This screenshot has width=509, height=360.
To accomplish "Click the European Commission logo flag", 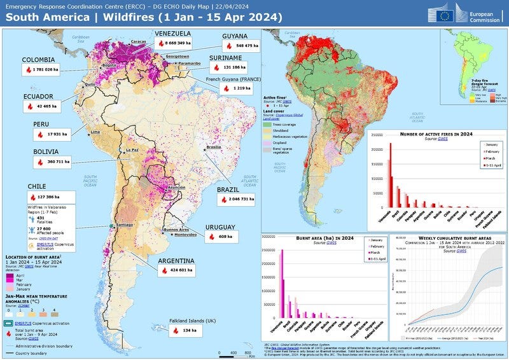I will tap(446, 13).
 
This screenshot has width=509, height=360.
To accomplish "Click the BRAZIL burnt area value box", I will tap(238, 199).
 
